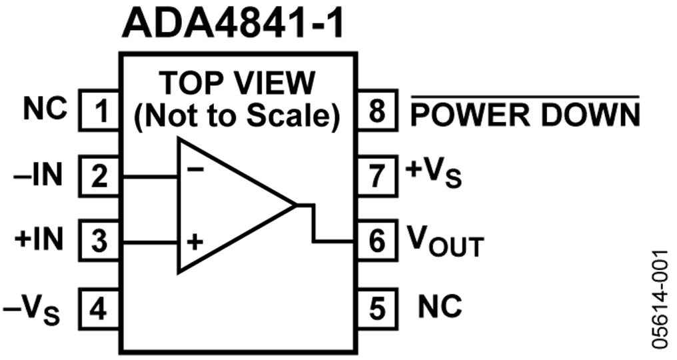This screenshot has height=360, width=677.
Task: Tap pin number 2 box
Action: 99,176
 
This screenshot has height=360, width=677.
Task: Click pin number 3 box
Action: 99,241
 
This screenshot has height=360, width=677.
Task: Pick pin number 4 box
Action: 99,307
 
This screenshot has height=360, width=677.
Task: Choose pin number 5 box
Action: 378,307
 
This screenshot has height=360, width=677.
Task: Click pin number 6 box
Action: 378,241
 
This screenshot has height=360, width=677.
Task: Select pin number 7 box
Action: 378,176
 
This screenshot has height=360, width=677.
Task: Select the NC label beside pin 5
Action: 440,306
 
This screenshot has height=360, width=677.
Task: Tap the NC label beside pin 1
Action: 46,109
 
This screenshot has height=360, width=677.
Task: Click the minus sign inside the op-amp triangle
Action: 195,169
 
